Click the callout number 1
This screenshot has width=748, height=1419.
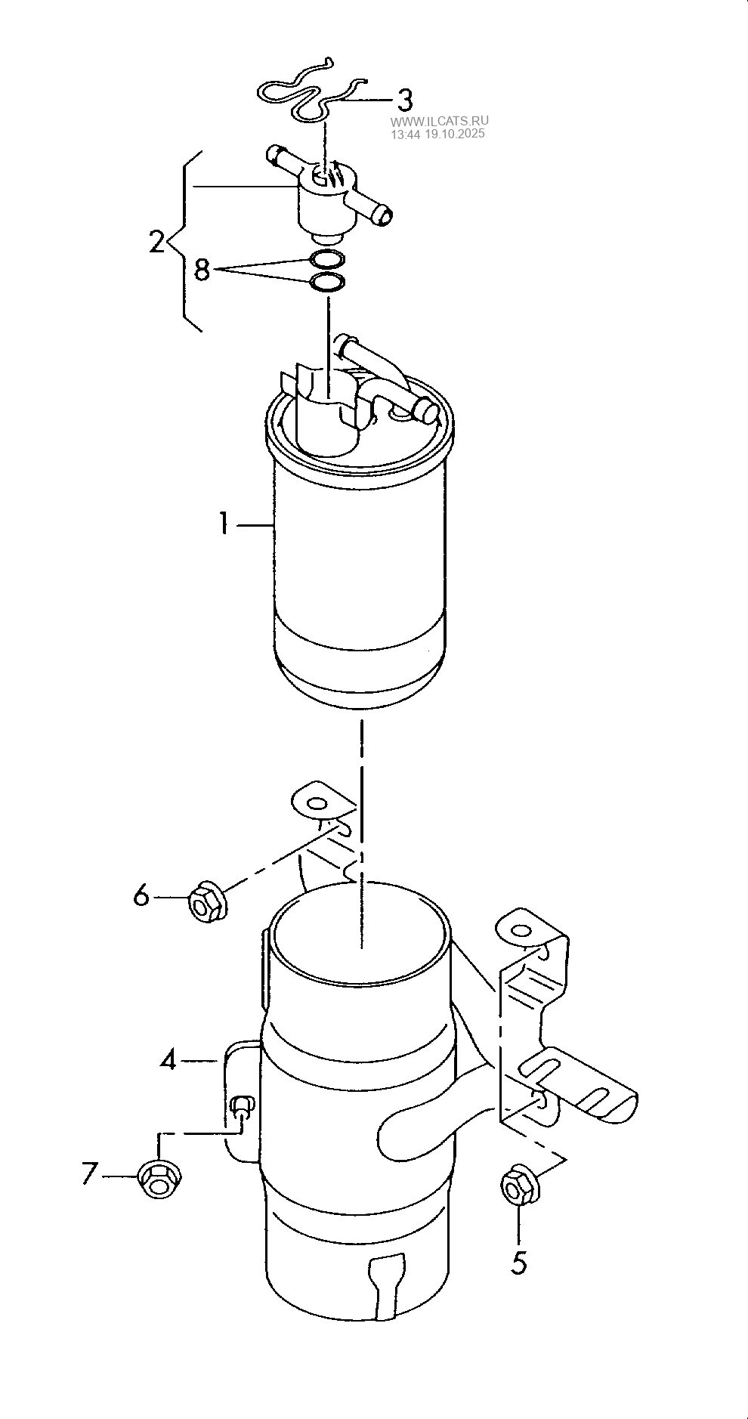click(x=224, y=523)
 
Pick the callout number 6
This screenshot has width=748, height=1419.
click(x=142, y=895)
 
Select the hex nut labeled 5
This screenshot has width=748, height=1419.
click(x=520, y=1186)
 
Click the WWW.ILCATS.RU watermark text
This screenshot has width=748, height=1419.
click(x=440, y=121)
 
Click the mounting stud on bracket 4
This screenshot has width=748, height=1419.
click(x=241, y=1108)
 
